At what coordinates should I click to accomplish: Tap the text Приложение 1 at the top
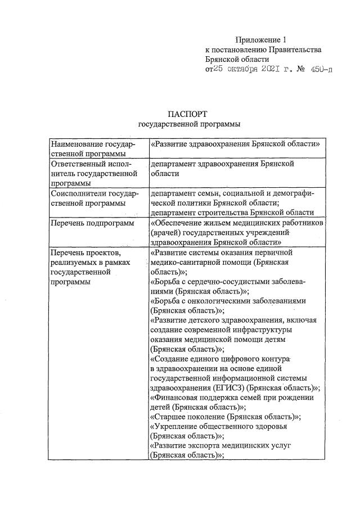coord(260,39)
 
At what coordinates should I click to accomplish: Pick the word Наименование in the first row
coord(75,144)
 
